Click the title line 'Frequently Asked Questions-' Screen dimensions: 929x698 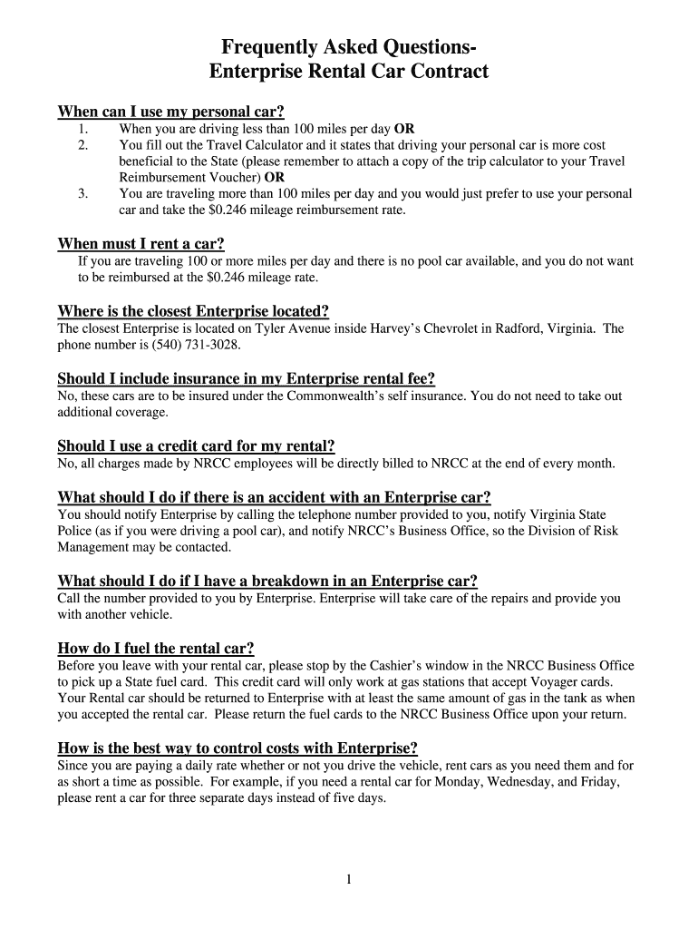pos(349,48)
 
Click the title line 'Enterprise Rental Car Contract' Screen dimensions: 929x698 pos(349,72)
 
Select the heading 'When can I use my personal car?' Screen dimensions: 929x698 pos(171,112)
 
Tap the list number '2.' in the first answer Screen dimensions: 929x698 pos(83,145)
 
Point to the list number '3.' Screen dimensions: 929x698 pos(83,194)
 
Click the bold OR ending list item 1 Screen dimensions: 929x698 pos(404,129)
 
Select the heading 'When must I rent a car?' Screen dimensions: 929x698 pos(141,243)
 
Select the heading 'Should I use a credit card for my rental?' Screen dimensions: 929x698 pos(196,445)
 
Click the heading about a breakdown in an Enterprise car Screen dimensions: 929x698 pos(267,581)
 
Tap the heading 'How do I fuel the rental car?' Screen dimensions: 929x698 pos(156,648)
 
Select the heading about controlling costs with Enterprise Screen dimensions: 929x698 pos(238,748)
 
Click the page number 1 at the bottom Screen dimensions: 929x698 pos(348,879)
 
